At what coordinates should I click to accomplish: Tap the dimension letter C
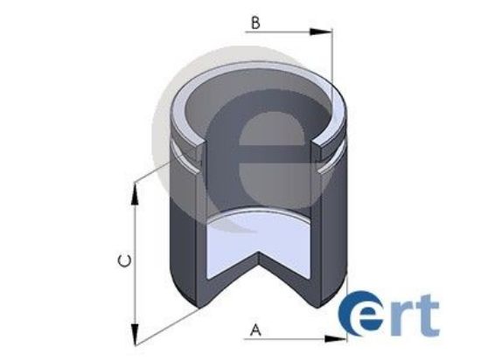coord(125,261)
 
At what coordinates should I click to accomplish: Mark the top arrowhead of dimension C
coord(135,190)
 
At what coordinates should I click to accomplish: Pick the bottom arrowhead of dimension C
coord(135,335)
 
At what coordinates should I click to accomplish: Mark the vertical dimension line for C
coord(135,262)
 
